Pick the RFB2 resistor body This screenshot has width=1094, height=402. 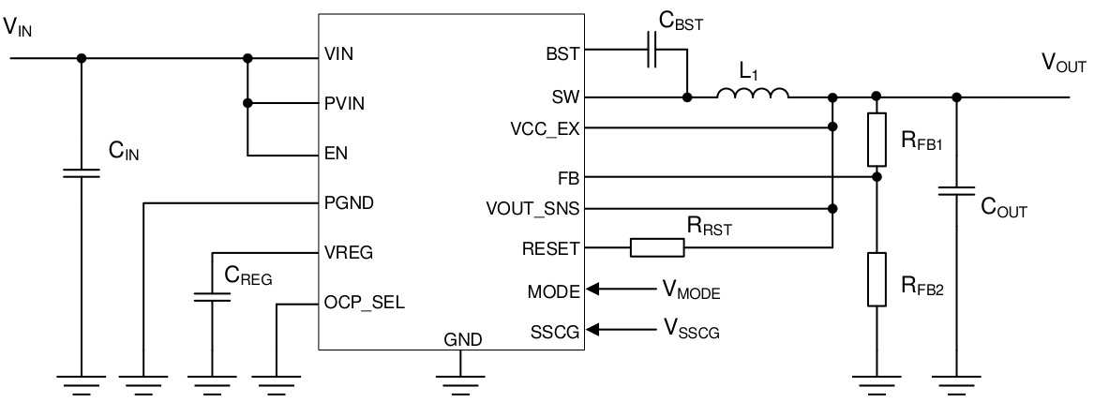(877, 279)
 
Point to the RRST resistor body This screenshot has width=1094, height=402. (656, 248)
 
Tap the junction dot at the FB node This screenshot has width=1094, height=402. (877, 176)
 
